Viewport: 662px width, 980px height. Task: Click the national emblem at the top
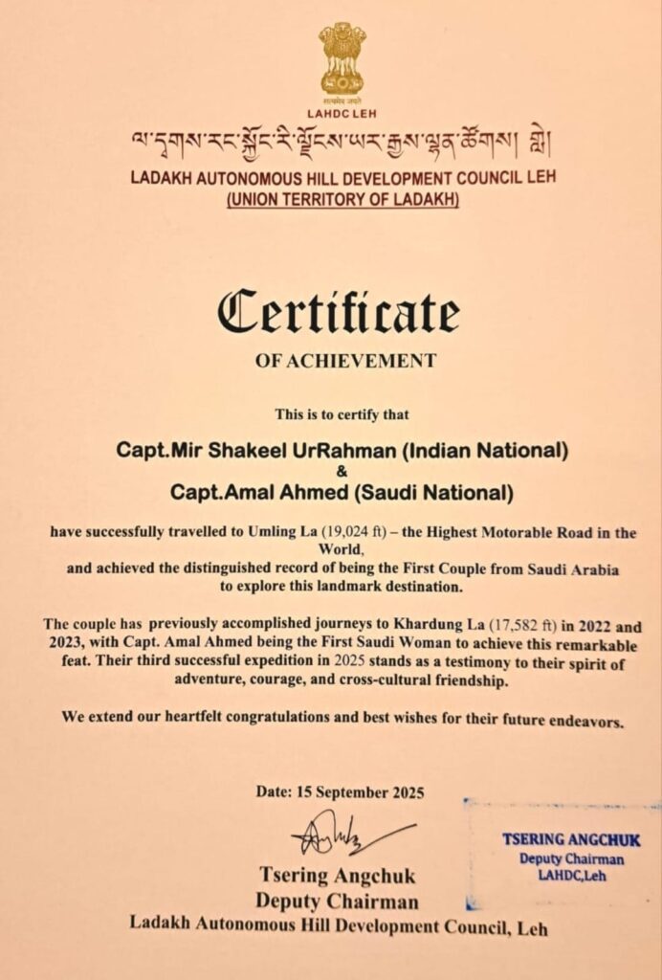coord(342,59)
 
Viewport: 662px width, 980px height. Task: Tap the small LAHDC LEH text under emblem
coord(342,113)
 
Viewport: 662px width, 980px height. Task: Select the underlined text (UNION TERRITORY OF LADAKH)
coord(342,200)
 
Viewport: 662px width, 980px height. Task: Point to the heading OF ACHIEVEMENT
coord(345,361)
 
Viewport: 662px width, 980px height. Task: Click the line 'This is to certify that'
coord(342,414)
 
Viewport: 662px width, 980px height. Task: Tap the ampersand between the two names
coord(342,471)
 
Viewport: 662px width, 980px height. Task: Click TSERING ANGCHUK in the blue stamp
coord(571,840)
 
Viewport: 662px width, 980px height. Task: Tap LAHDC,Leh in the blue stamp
coord(572,874)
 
